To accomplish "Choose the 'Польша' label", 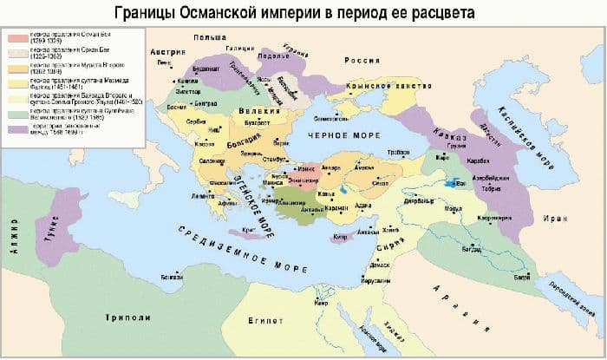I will [x=212, y=39].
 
